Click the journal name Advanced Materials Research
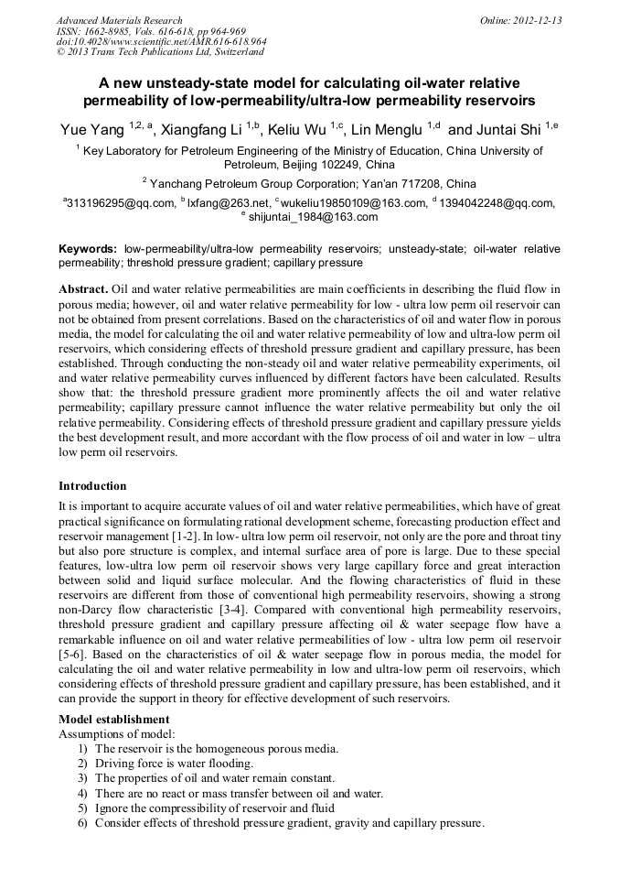pos(119,20)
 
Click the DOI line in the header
pos(161,42)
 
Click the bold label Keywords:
pos(88,248)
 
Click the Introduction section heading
pos(92,485)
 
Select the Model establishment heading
pos(113,719)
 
